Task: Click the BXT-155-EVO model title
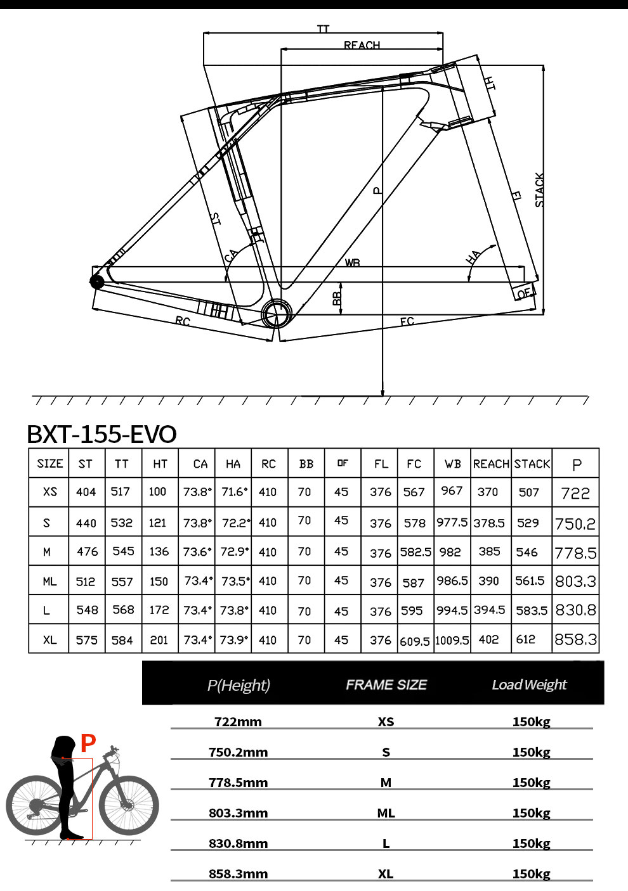click(101, 434)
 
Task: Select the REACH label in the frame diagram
click(362, 46)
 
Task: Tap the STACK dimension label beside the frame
click(539, 190)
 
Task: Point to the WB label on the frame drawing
click(352, 262)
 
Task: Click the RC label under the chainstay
click(183, 321)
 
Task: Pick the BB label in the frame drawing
click(337, 297)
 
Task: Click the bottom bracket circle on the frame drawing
click(277, 313)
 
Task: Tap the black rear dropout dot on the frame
click(97, 282)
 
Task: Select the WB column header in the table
click(453, 464)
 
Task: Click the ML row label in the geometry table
click(49, 581)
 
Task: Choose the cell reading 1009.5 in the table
click(452, 640)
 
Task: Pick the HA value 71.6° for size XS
click(233, 492)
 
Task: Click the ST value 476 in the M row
click(87, 552)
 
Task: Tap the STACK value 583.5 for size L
click(531, 611)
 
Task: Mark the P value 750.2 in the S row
click(575, 523)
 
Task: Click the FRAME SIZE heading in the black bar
click(386, 684)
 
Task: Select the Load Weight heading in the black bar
click(529, 684)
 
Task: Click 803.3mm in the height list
click(238, 813)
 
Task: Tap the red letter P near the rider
click(88, 743)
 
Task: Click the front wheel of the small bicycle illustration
click(129, 805)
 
